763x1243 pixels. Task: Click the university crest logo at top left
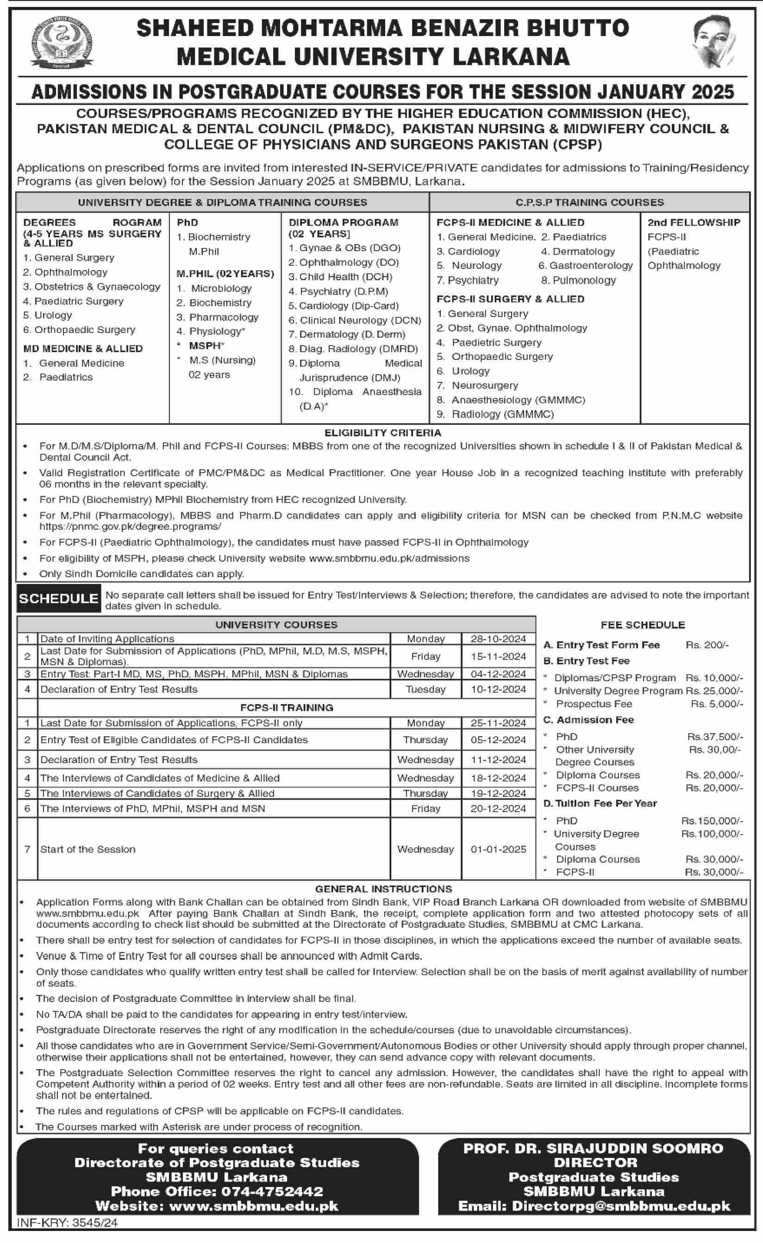click(x=62, y=43)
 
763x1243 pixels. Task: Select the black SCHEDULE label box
click(x=58, y=598)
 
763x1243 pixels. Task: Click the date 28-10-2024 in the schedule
click(x=498, y=639)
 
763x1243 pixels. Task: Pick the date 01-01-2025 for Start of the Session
click(x=498, y=849)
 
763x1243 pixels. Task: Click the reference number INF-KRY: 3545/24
click(x=67, y=1223)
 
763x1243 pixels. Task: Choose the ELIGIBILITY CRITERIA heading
click(x=382, y=433)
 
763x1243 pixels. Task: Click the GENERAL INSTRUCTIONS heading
click(x=383, y=889)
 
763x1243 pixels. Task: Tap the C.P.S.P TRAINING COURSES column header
click(x=589, y=202)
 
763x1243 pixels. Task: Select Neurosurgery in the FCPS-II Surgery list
click(x=485, y=385)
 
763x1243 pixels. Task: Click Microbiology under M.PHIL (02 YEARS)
click(x=221, y=289)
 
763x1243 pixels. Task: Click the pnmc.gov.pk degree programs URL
click(x=130, y=526)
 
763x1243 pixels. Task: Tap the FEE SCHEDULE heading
click(x=642, y=625)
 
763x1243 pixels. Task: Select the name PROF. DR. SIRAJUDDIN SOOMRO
click(x=594, y=1149)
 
